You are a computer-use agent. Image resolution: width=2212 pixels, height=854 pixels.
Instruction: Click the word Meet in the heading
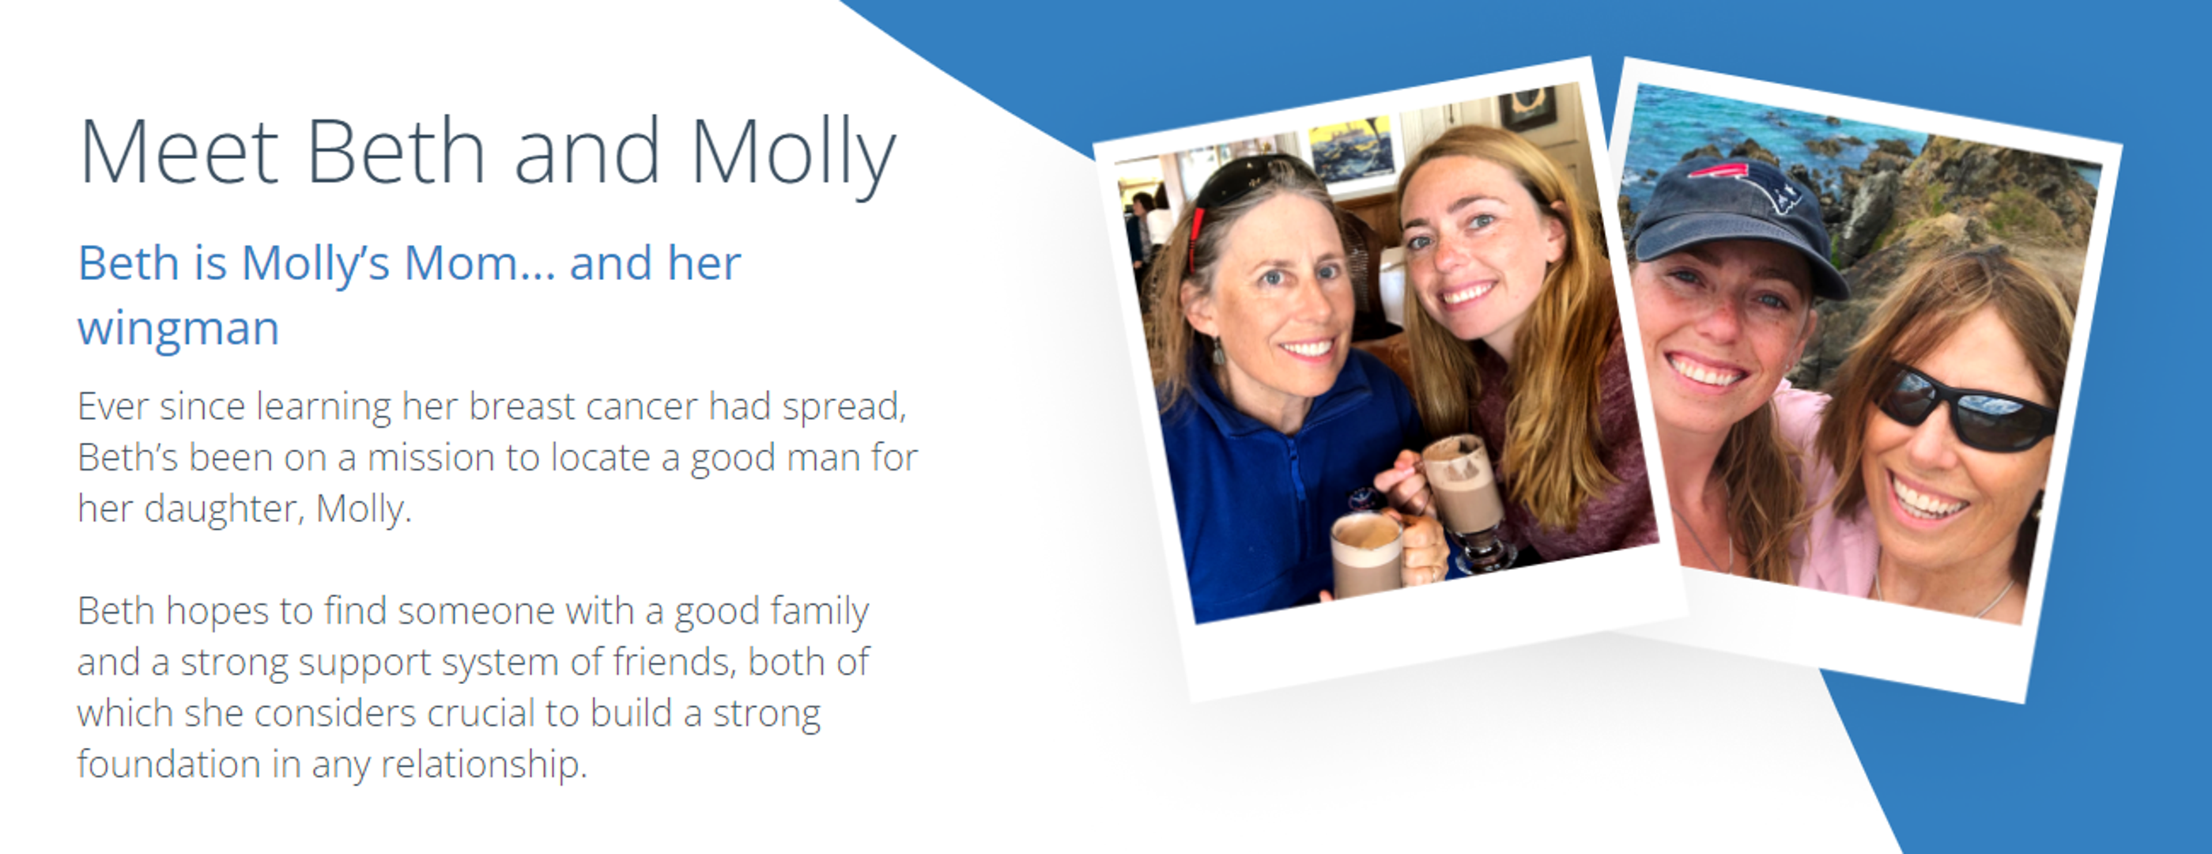coord(179,151)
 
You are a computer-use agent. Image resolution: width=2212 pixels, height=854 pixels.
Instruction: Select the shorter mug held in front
coord(1367,554)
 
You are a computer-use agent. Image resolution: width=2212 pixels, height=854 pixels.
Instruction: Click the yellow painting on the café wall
coord(1351,149)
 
